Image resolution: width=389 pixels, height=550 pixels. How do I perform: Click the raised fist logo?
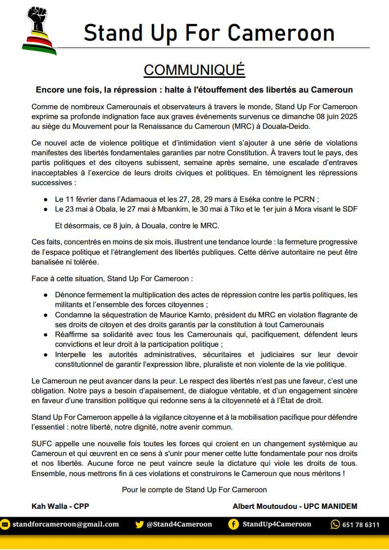coord(39,29)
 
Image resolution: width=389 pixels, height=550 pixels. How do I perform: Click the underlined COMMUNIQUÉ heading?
coord(194,70)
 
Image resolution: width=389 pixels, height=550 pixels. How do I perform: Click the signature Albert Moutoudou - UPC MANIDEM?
coord(295,506)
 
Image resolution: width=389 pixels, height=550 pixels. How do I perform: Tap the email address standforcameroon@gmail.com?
coord(66,524)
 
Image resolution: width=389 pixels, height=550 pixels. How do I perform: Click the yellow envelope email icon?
coord(5,524)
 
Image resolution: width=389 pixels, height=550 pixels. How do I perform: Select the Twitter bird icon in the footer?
coord(139,524)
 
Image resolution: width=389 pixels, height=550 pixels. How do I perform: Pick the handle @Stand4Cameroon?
coord(179,524)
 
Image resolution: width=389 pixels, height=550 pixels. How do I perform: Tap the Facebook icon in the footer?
coord(234,524)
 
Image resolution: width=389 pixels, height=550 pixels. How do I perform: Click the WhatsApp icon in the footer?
coord(335,525)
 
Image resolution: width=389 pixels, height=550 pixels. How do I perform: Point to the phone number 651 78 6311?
coord(361,525)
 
